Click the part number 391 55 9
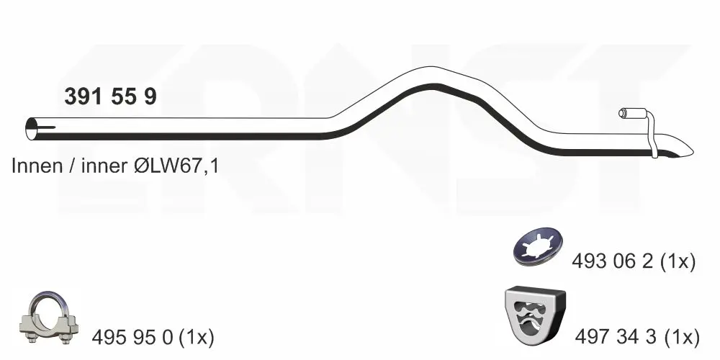coord(110,96)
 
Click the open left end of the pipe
coord(32,129)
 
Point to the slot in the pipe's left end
coord(46,127)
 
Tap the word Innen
coord(37,166)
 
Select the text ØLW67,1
coord(176,166)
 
